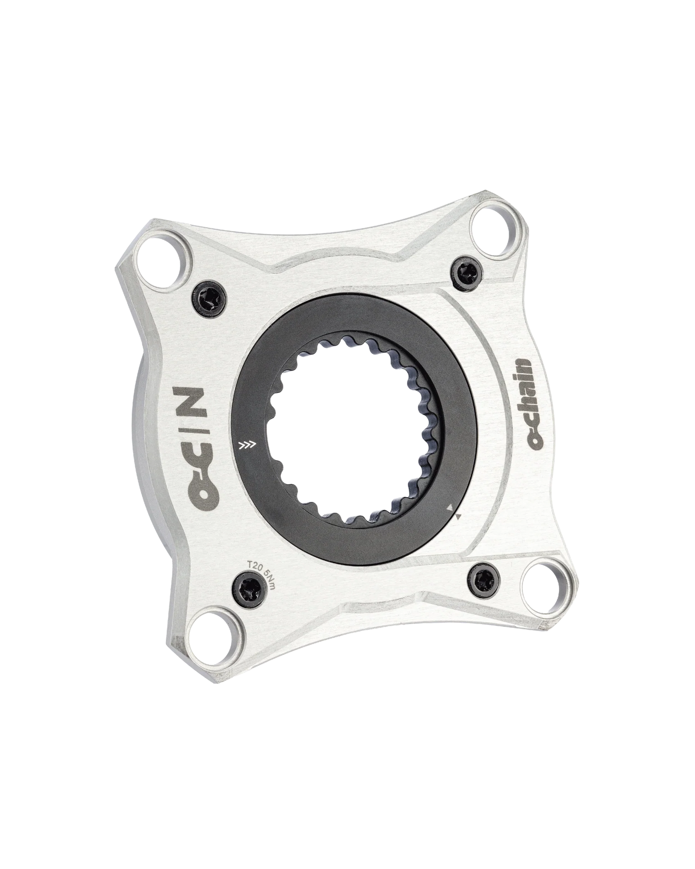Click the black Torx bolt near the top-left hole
click(208, 300)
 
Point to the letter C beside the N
click(190, 458)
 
